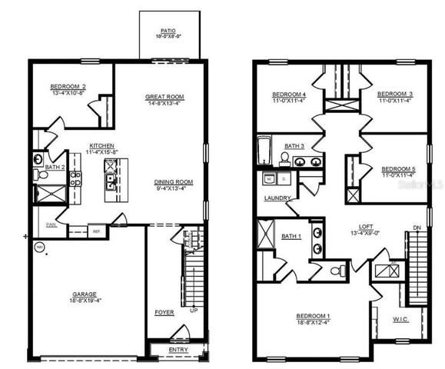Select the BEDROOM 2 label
click(x=68, y=86)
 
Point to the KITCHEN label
click(x=102, y=145)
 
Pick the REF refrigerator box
click(x=98, y=230)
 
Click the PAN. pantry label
click(x=51, y=225)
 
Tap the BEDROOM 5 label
click(x=398, y=169)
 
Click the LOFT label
click(x=367, y=228)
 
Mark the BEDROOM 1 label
click(x=314, y=316)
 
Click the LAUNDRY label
click(x=277, y=198)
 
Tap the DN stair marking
click(x=417, y=228)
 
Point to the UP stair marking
click(x=193, y=311)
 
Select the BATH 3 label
click(x=294, y=145)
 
